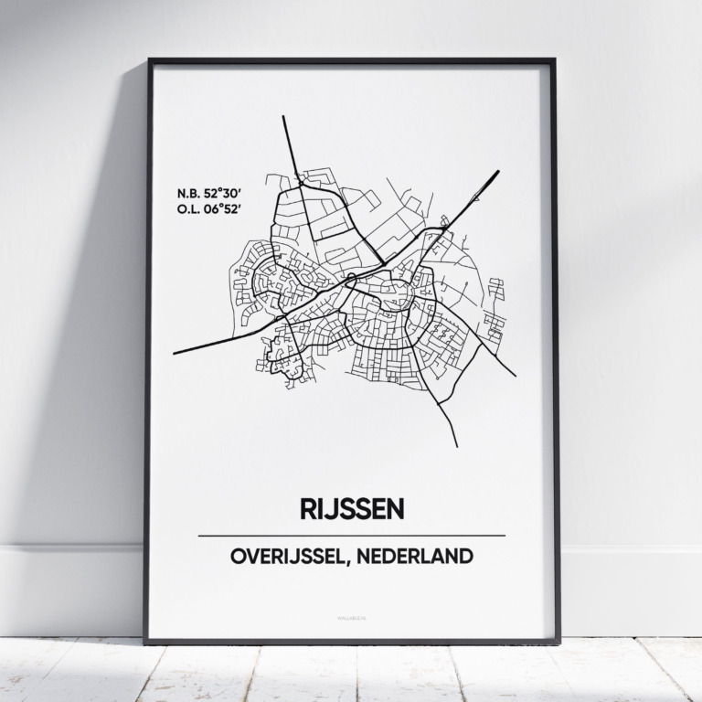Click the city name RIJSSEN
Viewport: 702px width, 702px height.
(351, 508)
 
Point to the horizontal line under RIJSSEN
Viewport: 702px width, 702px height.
(351, 535)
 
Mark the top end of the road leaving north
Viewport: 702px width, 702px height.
(284, 118)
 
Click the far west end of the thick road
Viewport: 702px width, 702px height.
(175, 351)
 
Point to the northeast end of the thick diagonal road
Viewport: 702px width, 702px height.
(497, 171)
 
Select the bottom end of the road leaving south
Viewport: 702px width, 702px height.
(456, 446)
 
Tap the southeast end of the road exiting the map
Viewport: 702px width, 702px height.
(515, 375)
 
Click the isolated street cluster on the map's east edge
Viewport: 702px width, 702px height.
(495, 311)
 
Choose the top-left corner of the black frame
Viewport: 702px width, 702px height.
(149, 61)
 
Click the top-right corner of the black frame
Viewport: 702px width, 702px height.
(554, 61)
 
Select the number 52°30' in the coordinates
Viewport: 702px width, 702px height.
(220, 194)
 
